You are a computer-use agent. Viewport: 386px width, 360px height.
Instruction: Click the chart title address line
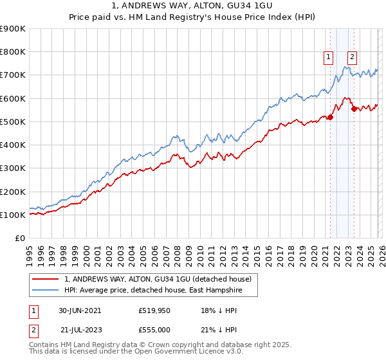[x=193, y=6]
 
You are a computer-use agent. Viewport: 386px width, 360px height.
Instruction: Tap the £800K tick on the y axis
[x=13, y=52]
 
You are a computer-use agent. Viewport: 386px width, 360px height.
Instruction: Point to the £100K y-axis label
[x=13, y=215]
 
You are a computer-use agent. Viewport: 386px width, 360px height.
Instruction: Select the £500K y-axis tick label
[x=13, y=122]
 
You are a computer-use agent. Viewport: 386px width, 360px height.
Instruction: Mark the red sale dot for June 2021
[x=331, y=117]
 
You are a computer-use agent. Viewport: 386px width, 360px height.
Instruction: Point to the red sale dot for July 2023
[x=354, y=109]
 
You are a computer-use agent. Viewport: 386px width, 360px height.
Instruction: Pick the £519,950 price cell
[x=154, y=310]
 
